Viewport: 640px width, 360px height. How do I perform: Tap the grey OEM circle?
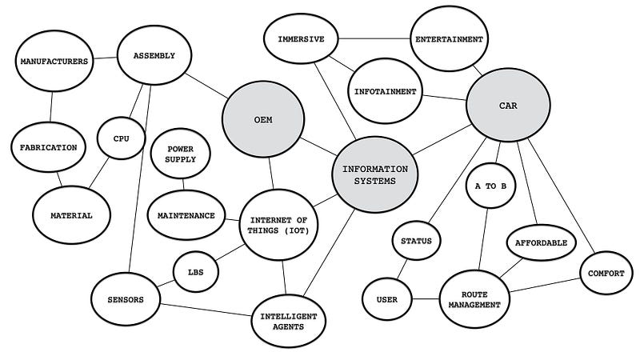coord(264,120)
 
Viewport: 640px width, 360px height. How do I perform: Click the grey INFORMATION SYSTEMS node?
coord(374,175)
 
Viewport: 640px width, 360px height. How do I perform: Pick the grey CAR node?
coord(508,105)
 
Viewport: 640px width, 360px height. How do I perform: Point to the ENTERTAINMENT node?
coord(448,38)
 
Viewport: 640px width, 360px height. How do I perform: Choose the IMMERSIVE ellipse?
coord(300,39)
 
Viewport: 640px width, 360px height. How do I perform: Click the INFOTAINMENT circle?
coord(385,92)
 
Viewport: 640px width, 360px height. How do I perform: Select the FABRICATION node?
coord(49,147)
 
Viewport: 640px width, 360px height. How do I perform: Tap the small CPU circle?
coord(121,138)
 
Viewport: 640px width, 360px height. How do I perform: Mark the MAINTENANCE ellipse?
coord(186,215)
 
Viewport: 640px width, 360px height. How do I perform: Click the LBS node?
coord(196,272)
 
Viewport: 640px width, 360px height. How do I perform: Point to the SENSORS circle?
coord(126,300)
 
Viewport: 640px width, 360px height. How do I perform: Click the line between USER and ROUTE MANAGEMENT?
coord(425,300)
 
